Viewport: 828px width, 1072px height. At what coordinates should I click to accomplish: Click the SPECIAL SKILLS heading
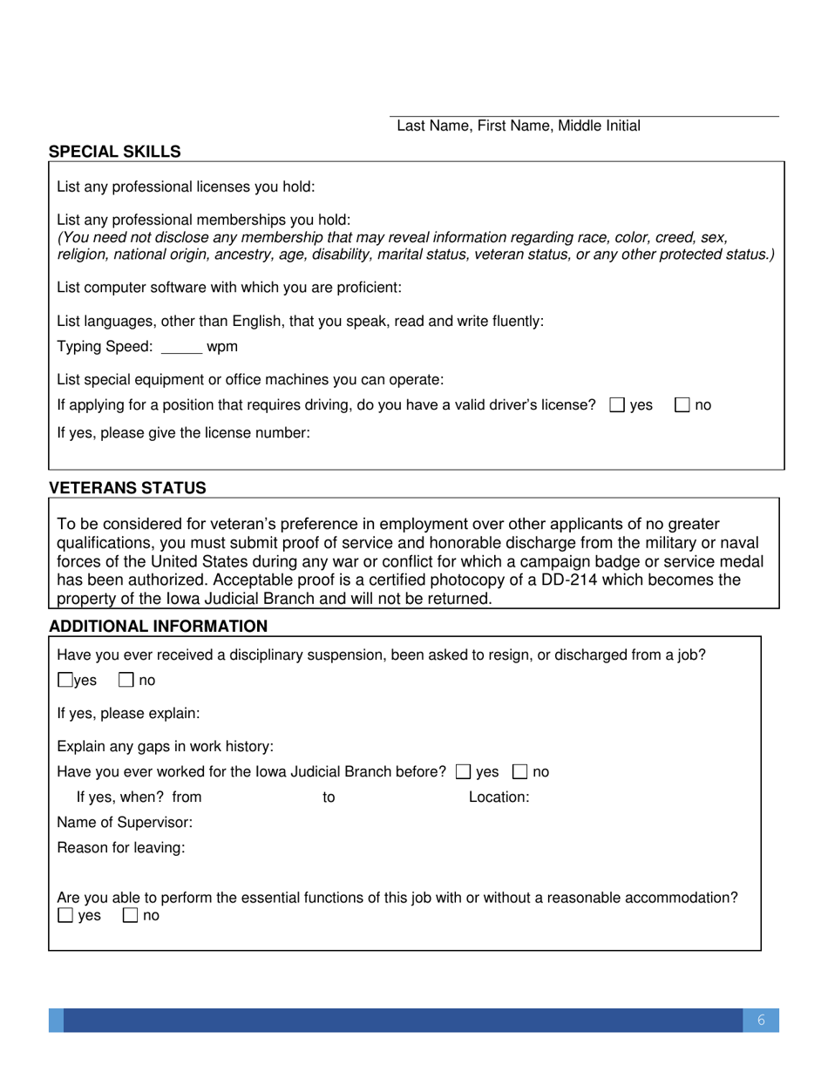115,152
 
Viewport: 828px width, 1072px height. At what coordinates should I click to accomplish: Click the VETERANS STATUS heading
127,488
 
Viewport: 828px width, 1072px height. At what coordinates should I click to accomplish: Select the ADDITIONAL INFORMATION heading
158,626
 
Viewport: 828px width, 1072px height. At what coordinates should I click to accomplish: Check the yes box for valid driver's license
617,405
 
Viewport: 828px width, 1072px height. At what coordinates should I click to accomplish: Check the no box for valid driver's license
683,405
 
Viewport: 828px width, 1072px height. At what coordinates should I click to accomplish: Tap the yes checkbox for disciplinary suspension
65,681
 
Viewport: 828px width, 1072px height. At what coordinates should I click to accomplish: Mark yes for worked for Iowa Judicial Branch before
464,771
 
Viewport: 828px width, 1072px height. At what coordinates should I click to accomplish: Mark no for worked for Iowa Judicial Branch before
519,771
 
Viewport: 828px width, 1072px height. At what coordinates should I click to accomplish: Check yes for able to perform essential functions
65,916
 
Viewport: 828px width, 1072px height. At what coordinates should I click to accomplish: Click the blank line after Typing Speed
182,348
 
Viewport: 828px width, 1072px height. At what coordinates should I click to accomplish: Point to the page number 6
761,1021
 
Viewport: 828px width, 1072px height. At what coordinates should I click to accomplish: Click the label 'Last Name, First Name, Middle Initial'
519,126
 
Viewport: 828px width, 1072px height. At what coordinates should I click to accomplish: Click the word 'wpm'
222,347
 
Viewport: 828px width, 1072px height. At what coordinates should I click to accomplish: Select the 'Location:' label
499,797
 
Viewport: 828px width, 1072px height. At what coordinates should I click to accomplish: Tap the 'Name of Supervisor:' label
125,822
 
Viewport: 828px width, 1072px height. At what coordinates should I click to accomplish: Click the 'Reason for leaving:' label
121,848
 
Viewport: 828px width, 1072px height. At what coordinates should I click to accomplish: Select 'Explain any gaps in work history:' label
166,747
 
